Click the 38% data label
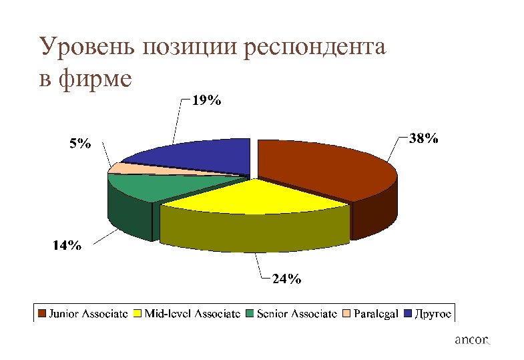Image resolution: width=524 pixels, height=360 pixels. (424, 139)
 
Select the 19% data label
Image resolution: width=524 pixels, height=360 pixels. (207, 102)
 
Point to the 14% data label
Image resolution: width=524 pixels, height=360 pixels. (67, 246)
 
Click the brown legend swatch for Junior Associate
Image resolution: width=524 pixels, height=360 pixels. (42, 313)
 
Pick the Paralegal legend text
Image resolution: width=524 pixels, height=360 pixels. (376, 313)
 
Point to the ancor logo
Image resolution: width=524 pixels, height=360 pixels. (471, 341)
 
